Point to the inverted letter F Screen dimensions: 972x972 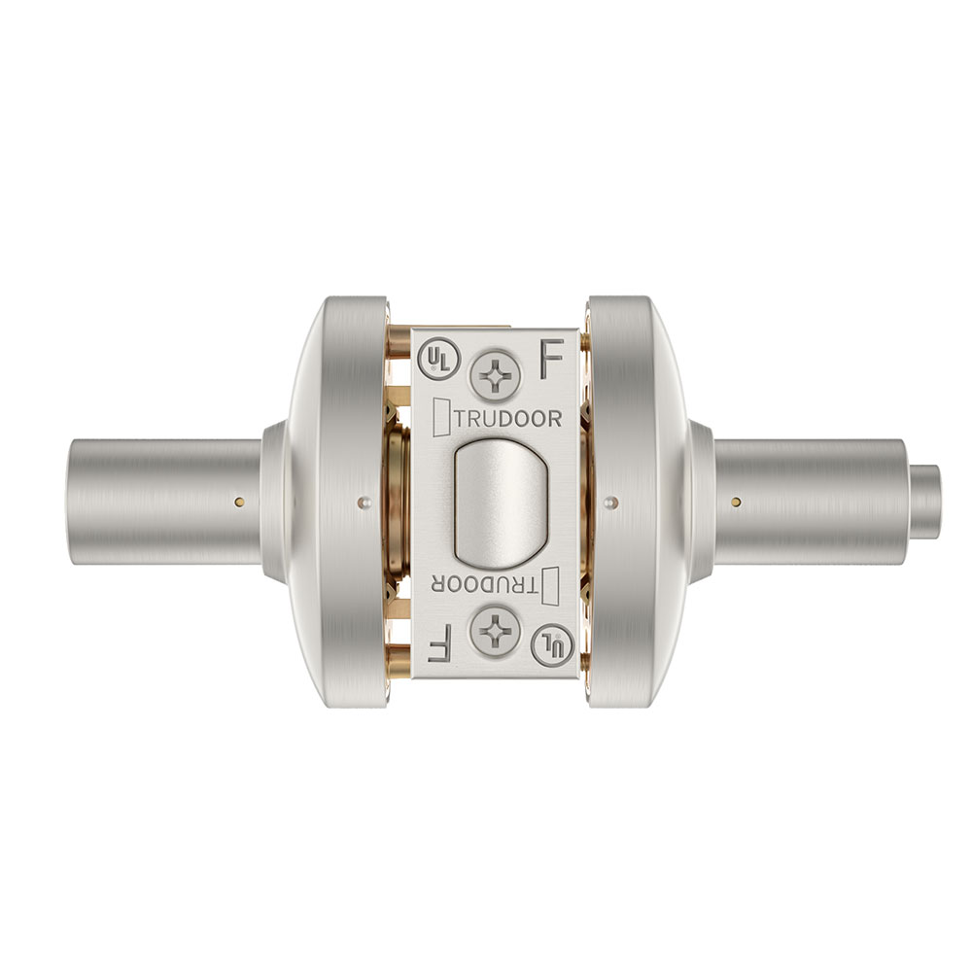coord(440,643)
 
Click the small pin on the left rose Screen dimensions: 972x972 coord(364,502)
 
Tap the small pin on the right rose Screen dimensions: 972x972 coord(609,502)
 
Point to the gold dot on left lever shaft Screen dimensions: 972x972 coord(237,502)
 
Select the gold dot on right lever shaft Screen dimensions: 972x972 coord(736,502)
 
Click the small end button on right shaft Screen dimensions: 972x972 coord(926,502)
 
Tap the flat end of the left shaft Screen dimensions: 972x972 coord(78,502)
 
